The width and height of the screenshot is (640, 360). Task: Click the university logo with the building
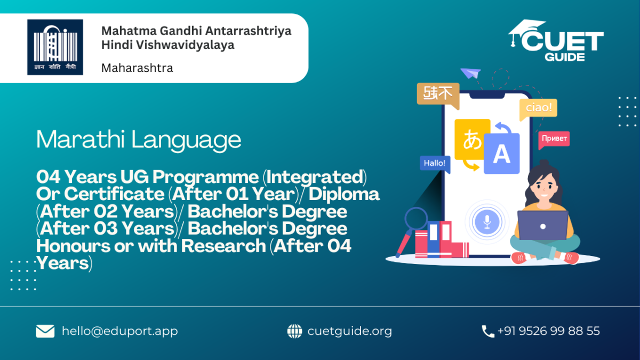click(55, 47)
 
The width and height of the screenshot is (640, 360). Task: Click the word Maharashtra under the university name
click(137, 68)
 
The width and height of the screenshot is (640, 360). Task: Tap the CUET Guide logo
click(556, 41)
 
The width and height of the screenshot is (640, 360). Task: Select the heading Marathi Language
click(139, 140)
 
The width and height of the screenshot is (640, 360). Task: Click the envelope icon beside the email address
click(45, 331)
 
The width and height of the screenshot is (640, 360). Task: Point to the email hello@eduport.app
click(119, 331)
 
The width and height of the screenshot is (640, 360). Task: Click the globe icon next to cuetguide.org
click(294, 331)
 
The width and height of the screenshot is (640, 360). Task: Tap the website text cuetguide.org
click(350, 331)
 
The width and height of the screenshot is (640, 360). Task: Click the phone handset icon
click(488, 331)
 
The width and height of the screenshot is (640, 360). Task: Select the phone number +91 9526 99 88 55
click(549, 331)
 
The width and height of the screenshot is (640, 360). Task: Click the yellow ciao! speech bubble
click(538, 109)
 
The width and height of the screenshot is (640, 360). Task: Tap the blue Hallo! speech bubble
click(435, 164)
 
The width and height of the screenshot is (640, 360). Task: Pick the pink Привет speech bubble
click(554, 139)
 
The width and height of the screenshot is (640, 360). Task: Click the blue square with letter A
click(502, 154)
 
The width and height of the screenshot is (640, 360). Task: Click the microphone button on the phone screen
click(487, 222)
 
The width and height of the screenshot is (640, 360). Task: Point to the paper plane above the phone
click(470, 73)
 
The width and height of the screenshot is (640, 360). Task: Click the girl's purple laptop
click(542, 226)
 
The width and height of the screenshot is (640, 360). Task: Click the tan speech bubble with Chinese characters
click(438, 95)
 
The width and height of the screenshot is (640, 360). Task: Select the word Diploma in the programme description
click(344, 194)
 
